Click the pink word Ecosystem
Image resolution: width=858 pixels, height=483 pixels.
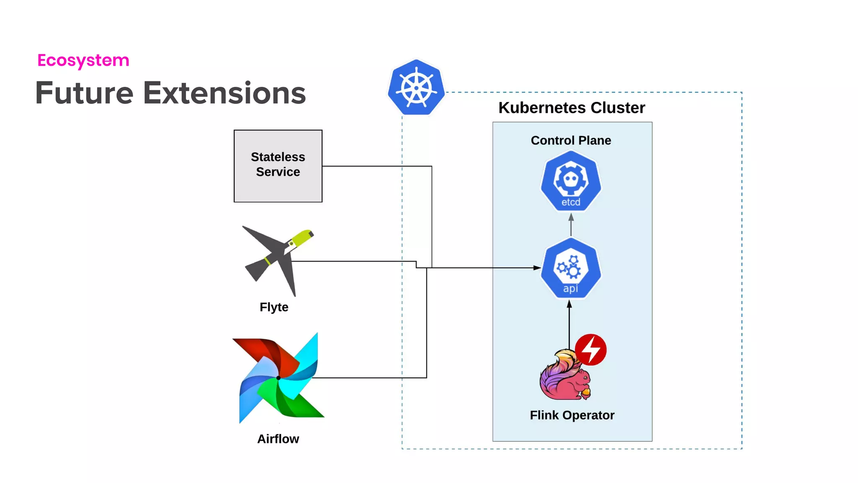tap(83, 60)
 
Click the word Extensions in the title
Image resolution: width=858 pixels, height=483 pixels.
tap(224, 93)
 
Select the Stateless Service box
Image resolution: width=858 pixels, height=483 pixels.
tap(278, 166)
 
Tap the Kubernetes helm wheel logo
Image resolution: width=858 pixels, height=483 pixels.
tap(416, 88)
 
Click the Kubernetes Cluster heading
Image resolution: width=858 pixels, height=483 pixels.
tap(571, 108)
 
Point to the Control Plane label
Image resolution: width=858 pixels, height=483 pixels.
tap(571, 140)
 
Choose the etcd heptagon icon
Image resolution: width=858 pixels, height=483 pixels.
tap(571, 181)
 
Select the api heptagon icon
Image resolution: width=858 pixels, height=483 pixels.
tap(571, 268)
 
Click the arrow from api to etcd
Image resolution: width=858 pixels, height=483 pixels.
tap(571, 226)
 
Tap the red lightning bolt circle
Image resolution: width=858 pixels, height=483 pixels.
tap(591, 349)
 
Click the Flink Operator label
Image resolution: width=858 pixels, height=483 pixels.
tap(572, 415)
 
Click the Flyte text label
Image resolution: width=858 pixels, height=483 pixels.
tap(274, 307)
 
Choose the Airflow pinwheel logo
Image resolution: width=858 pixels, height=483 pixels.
tap(279, 378)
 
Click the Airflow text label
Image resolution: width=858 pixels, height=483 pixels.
tap(278, 439)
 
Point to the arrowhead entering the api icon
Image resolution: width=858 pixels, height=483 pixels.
tap(537, 267)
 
